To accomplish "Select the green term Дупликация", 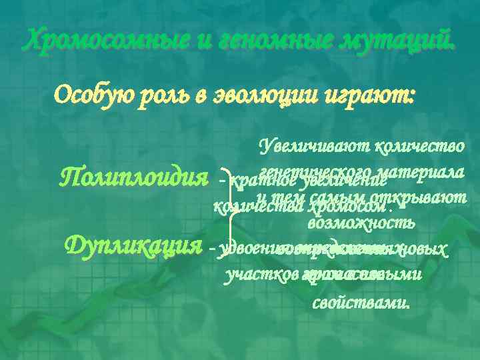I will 133,246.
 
